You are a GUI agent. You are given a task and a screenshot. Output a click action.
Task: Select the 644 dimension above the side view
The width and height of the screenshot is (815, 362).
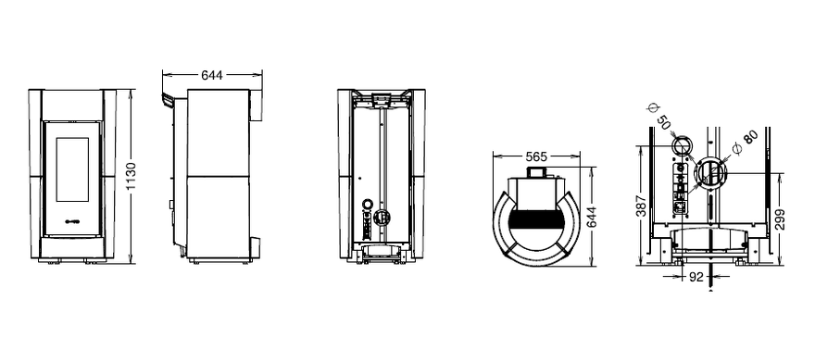(212, 75)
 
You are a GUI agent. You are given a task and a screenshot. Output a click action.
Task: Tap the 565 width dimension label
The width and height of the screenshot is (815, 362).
(536, 156)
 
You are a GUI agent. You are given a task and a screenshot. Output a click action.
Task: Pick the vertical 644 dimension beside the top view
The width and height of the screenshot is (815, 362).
(591, 217)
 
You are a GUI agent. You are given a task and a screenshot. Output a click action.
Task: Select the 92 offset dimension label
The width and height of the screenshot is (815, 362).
(696, 278)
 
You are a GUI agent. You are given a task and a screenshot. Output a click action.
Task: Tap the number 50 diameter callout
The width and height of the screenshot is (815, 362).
(663, 123)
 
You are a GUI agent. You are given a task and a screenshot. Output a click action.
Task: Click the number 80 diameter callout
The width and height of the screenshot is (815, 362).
(750, 138)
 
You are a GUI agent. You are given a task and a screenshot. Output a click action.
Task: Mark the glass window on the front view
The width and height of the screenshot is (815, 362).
(72, 169)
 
